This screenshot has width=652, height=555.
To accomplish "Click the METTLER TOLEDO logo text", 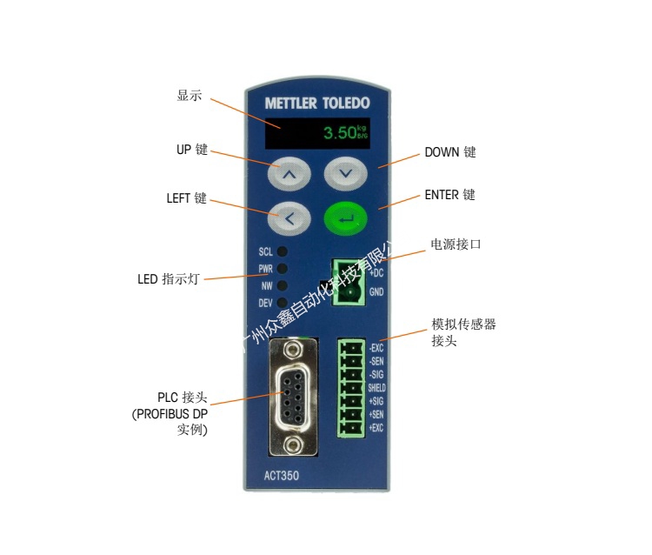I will click(x=316, y=104).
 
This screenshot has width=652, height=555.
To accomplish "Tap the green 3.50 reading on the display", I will click(x=340, y=134).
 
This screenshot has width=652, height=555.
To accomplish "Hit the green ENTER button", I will click(x=346, y=218).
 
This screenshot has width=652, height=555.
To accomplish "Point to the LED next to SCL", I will click(x=282, y=252).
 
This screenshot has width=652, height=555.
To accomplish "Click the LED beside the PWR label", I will click(x=282, y=269).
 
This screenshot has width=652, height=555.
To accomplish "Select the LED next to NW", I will click(x=282, y=285).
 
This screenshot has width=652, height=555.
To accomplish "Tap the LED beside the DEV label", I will click(x=282, y=303).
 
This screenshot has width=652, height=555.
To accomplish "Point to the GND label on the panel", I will click(x=376, y=292).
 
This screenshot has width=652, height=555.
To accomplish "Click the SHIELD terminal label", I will click(x=376, y=387).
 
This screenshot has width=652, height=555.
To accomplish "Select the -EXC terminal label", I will click(x=376, y=347).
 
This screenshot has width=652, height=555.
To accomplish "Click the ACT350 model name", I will click(x=281, y=475).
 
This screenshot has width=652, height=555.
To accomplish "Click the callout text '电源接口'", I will click(x=456, y=244).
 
